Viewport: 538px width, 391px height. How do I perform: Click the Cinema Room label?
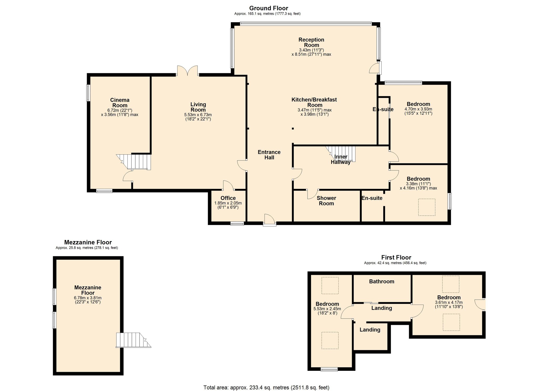click(120, 103)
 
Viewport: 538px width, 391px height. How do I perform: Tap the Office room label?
click(228, 198)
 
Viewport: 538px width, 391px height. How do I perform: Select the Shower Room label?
click(326, 201)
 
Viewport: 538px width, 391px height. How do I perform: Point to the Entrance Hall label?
click(269, 155)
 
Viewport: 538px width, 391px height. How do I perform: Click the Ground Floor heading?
click(268, 8)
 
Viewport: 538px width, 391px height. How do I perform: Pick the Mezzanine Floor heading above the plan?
click(88, 242)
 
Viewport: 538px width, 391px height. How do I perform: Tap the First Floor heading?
click(396, 257)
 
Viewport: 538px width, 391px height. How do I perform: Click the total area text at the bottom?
click(266, 387)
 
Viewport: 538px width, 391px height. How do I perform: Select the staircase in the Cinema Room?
click(134, 162)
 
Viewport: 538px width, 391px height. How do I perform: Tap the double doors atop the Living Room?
click(187, 70)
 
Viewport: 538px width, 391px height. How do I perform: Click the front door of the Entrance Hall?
click(270, 220)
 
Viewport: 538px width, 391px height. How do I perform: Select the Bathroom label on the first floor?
click(381, 281)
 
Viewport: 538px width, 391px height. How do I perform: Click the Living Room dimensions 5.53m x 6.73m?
click(198, 115)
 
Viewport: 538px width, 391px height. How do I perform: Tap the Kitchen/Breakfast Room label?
click(314, 102)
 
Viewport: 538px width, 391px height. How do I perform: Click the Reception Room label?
click(311, 42)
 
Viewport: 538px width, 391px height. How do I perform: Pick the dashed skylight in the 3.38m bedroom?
click(427, 207)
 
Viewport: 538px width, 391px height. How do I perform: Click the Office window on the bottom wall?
click(237, 223)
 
